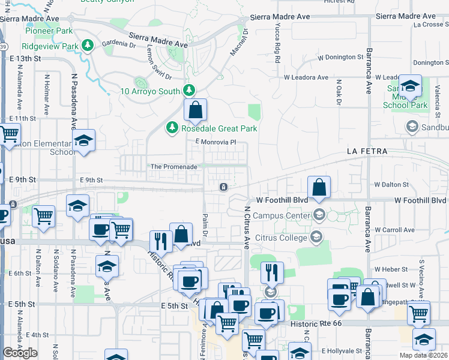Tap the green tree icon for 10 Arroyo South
[190, 91]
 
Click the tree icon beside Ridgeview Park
[88, 46]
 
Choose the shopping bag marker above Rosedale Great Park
[195, 110]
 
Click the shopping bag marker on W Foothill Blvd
[320, 188]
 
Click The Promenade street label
[174, 166]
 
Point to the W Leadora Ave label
[306, 77]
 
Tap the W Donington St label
[341, 58]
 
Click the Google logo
[20, 353]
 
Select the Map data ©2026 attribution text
[423, 355]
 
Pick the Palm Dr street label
[205, 226]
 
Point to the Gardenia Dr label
[118, 44]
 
